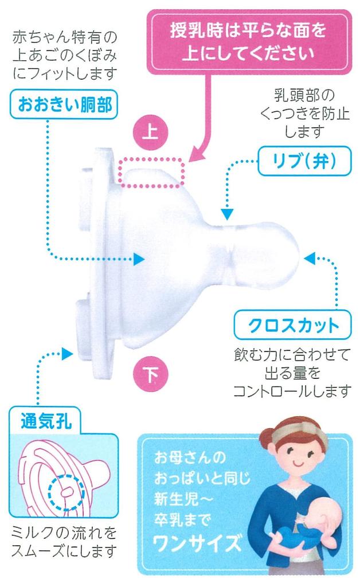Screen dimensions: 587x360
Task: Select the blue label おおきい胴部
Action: pos(60,105)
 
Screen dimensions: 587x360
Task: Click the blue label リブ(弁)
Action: pos(303,162)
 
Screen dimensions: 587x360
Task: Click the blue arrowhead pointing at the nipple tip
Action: pos(309,258)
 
